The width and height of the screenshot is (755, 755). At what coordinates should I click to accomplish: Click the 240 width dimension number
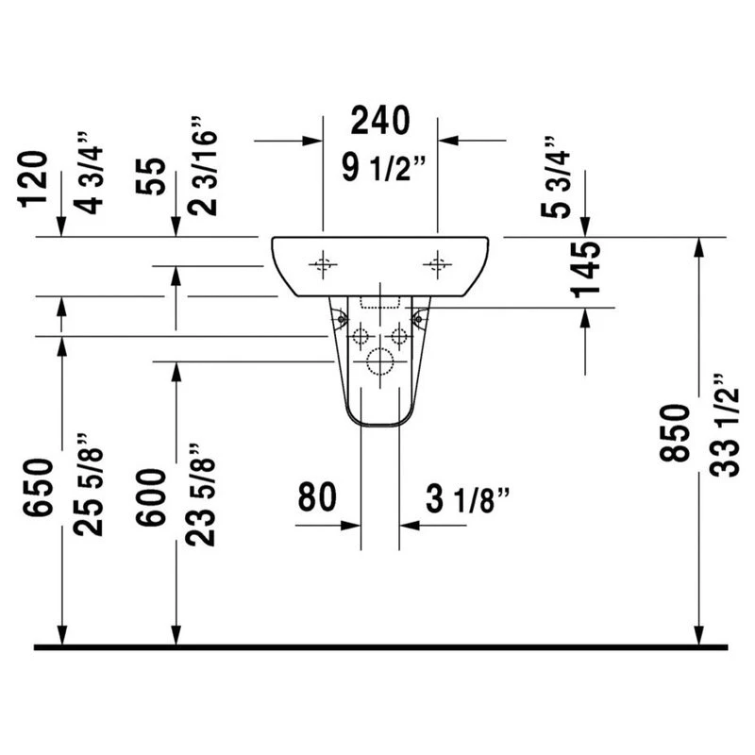pos(380,121)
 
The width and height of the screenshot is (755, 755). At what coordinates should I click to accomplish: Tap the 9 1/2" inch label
pos(384,167)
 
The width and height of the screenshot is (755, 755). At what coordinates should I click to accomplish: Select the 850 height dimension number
pos(675,433)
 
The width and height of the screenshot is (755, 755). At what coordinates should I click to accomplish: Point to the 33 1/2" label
pos(724,426)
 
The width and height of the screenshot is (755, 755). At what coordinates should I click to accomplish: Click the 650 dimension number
pos(38,487)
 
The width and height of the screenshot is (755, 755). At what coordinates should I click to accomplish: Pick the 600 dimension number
pos(151,497)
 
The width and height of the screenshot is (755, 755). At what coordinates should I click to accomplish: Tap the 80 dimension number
pos(317,497)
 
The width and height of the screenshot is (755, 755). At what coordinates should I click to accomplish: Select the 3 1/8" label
pos(467,499)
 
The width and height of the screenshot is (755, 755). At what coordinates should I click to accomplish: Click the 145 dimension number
pos(586,269)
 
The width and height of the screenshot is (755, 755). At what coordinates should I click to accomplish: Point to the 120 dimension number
pos(33,179)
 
